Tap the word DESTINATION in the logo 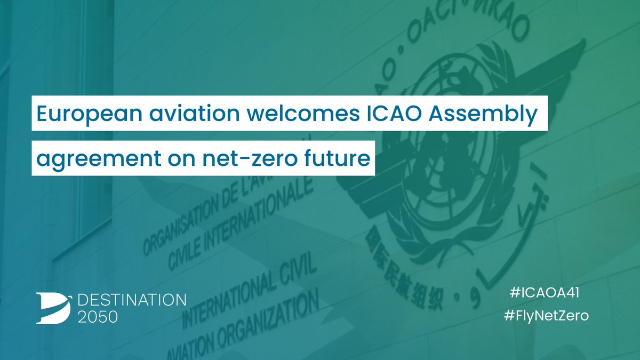(132, 299)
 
